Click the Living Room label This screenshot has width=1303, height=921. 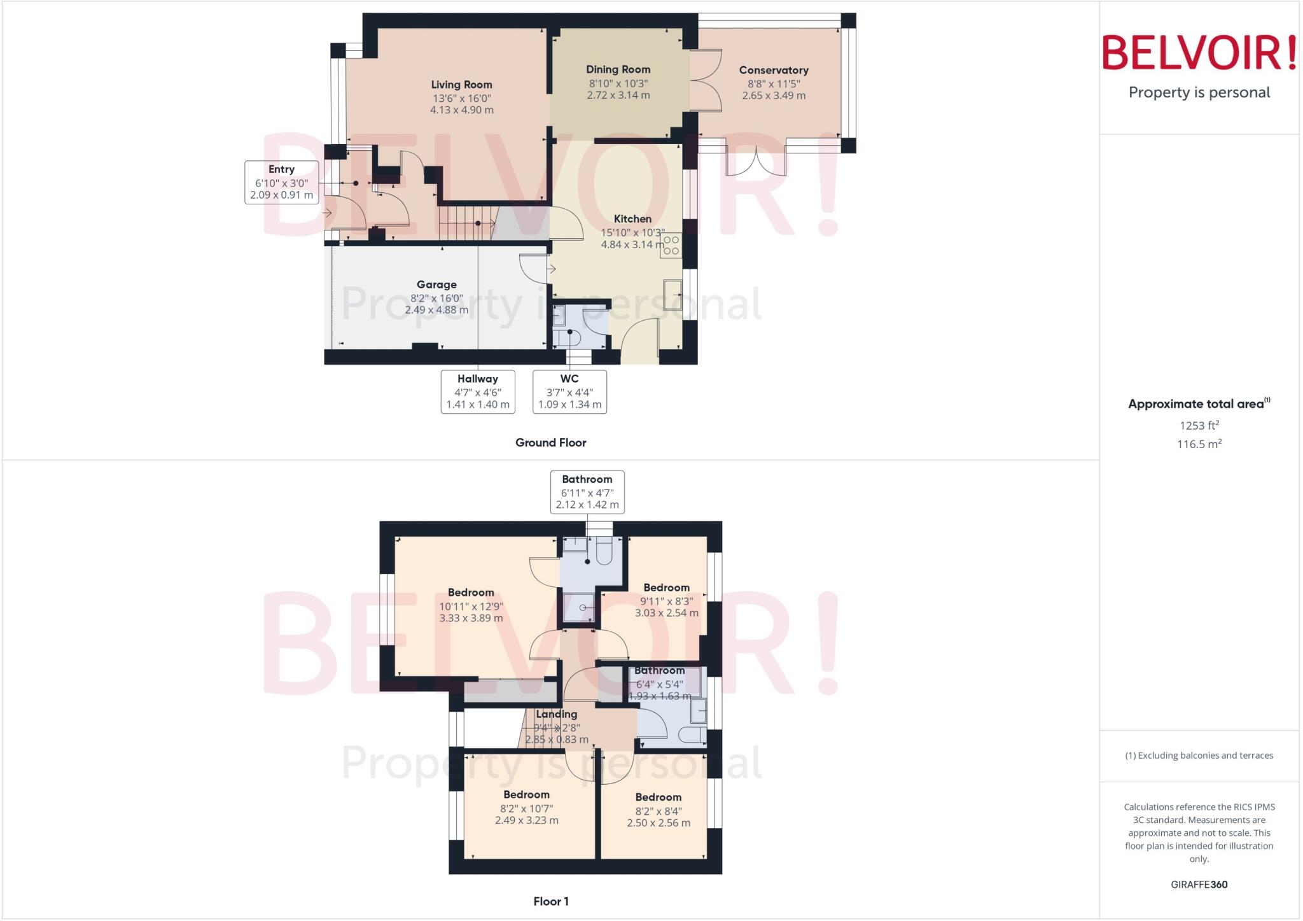pos(461,85)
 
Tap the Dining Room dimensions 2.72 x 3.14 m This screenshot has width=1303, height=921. pos(618,95)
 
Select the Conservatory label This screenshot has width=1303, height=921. pos(773,71)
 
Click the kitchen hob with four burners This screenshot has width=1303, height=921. pos(671,245)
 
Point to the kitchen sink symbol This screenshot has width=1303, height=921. pos(672,295)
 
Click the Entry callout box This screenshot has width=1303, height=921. pos(281,182)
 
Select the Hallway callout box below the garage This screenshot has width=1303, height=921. pos(477,391)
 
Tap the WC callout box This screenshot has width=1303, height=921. pos(569,391)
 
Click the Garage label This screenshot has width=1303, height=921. pos(436,285)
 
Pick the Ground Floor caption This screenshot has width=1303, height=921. pos(550,442)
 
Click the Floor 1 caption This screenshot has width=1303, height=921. pos(550,901)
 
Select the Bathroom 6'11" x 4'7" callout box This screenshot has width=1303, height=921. pos(587,491)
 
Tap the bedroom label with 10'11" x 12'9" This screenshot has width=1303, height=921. pos(470,593)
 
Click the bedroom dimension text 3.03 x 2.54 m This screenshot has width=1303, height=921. pos(666,613)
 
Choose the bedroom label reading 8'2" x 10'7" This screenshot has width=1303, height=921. pos(526,795)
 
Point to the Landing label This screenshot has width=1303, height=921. pos(556,714)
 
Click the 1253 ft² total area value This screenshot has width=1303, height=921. pos(1199,426)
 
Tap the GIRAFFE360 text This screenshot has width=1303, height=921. pos(1199,884)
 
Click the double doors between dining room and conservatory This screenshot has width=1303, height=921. pos(705,81)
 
